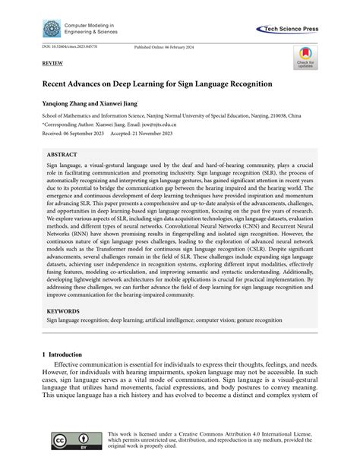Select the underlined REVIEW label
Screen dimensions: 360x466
(42, 66)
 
